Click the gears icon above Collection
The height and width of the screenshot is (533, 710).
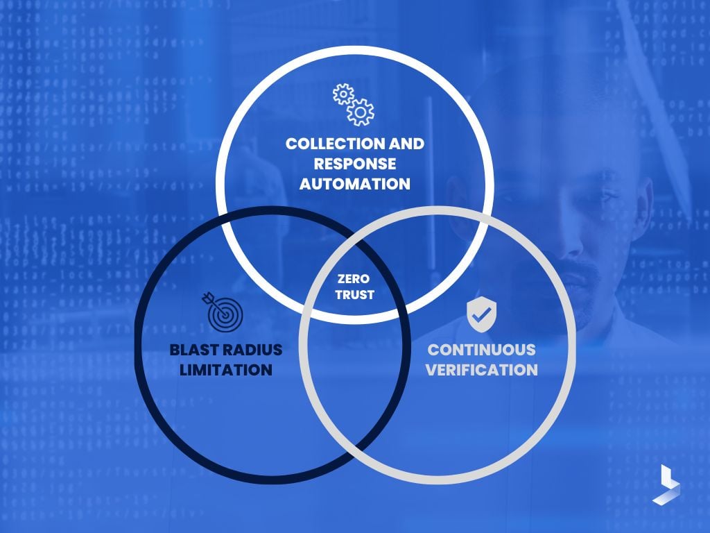(x=354, y=105)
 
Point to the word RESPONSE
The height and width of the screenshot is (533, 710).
(x=354, y=164)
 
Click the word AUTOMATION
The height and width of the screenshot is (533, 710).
(x=354, y=184)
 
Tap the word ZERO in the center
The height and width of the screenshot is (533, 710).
(x=354, y=279)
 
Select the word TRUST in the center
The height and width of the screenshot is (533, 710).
(x=354, y=294)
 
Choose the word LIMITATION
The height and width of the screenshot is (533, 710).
(x=226, y=369)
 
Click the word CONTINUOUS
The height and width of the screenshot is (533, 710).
(x=481, y=349)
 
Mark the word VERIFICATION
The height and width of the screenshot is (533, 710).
(x=481, y=369)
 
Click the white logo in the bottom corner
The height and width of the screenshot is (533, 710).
(x=666, y=484)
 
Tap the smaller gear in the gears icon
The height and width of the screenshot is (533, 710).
(x=342, y=94)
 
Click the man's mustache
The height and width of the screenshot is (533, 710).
(x=582, y=267)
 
